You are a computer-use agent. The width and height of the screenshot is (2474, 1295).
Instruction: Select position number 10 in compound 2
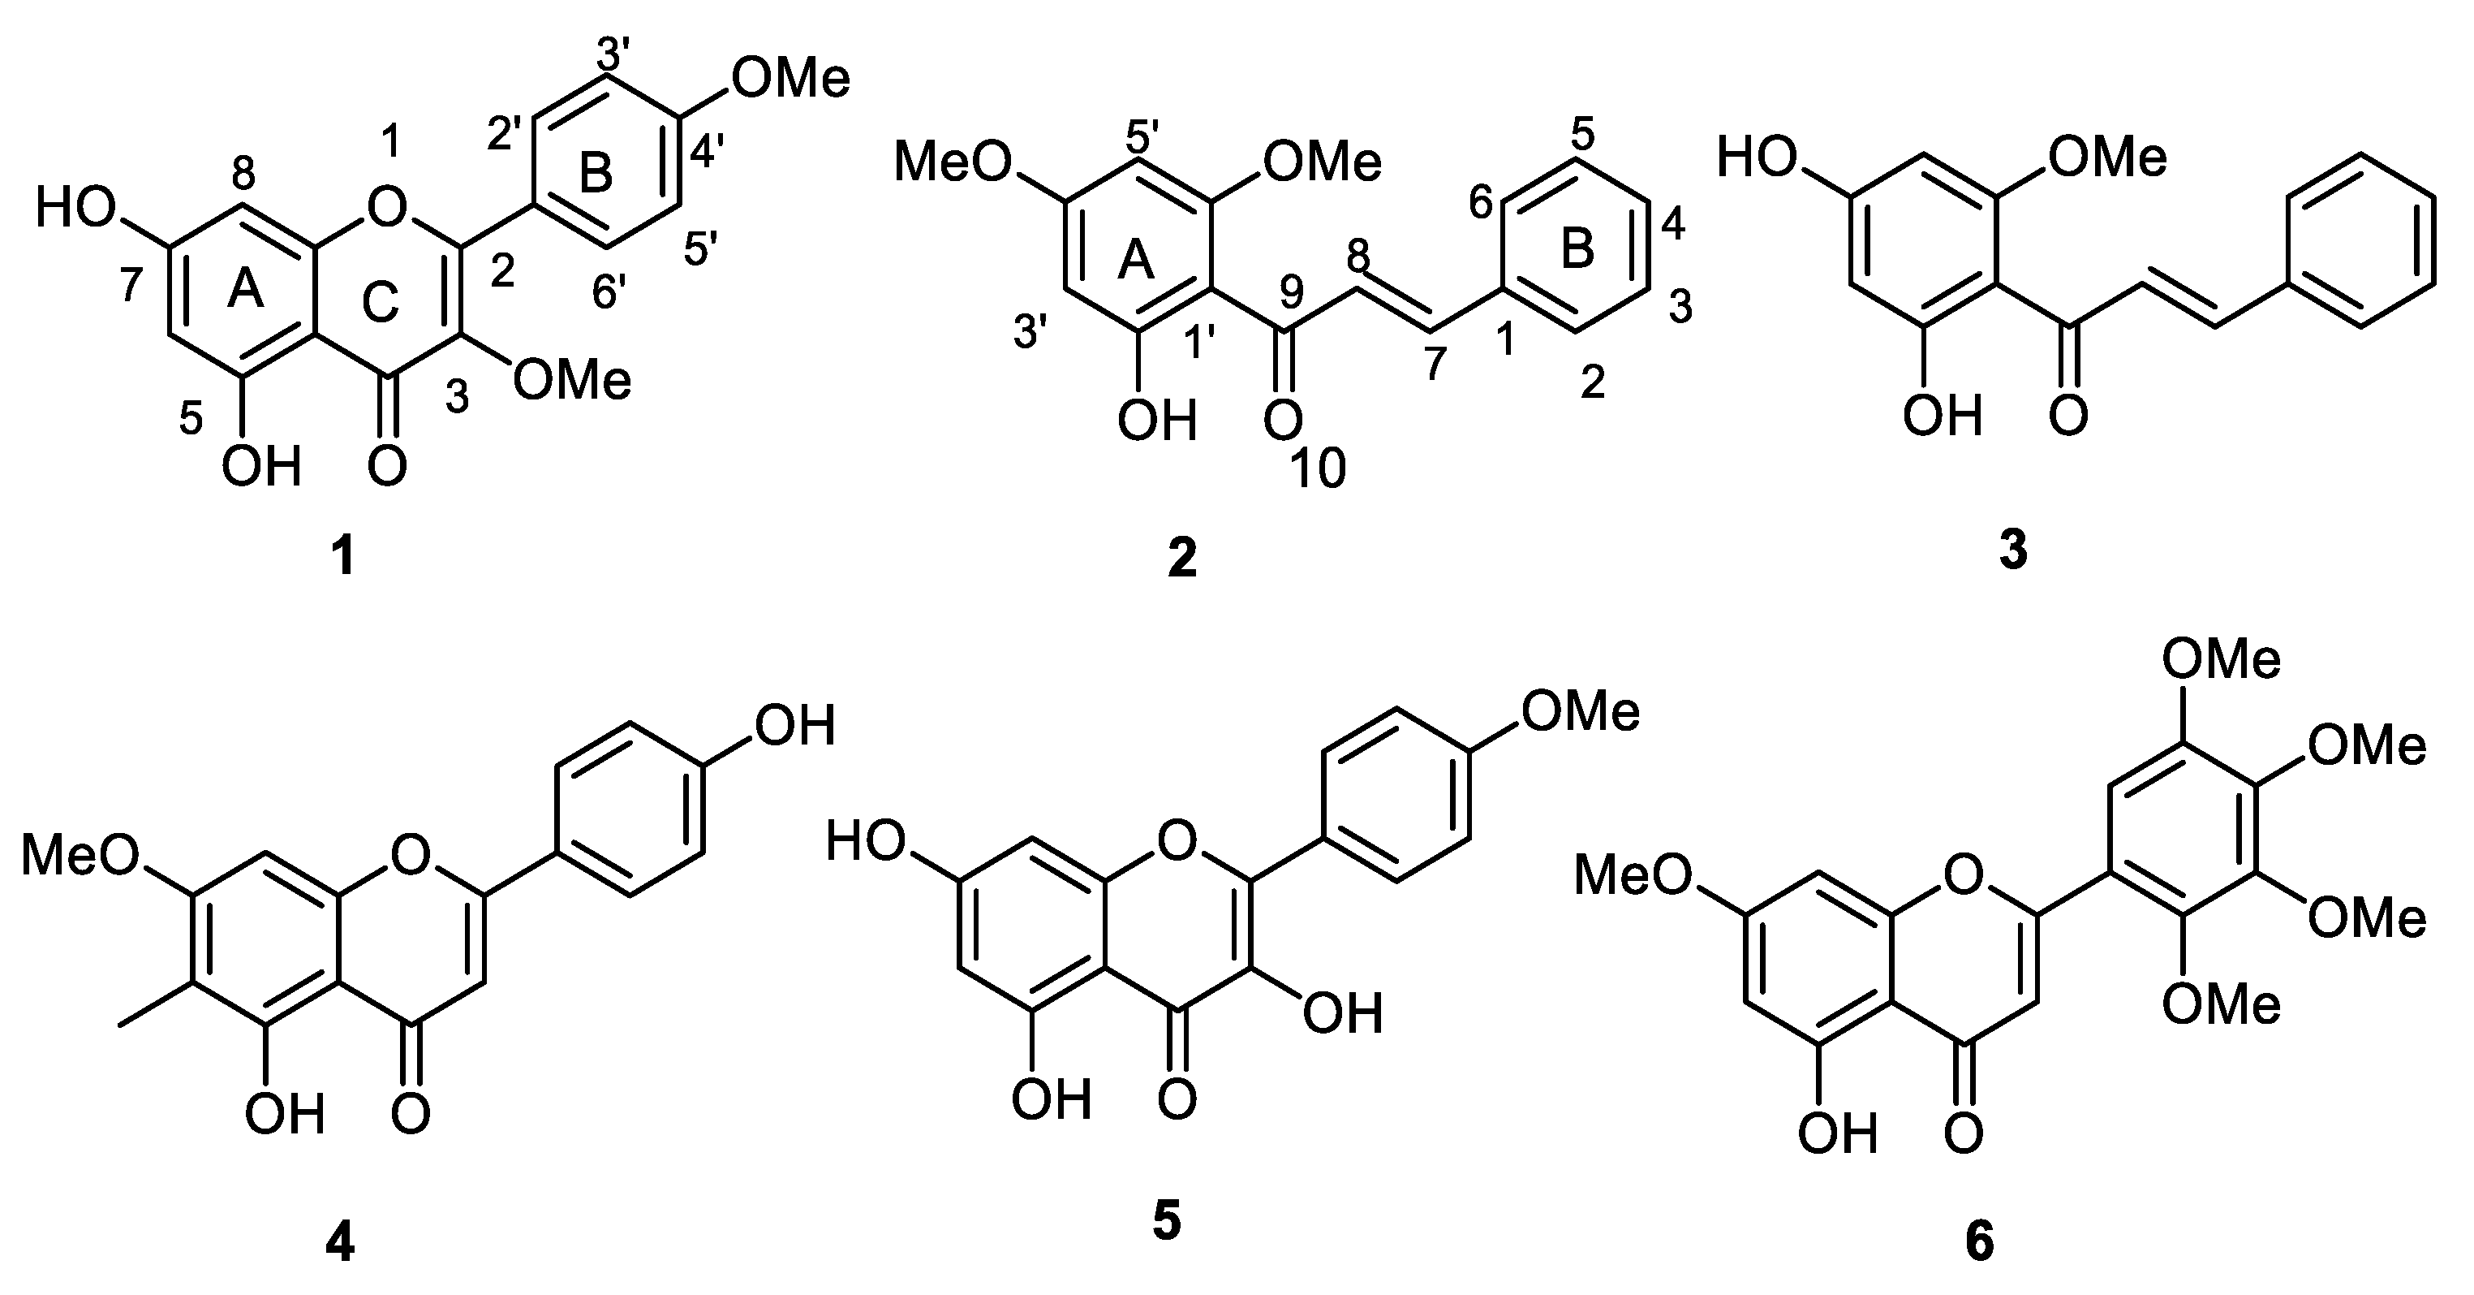coord(1319,471)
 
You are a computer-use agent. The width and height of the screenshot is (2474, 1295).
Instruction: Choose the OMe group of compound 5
coord(1581,712)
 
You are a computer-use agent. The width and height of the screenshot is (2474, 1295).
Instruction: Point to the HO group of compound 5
coord(867,843)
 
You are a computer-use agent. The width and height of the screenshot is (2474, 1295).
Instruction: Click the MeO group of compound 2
coord(953,162)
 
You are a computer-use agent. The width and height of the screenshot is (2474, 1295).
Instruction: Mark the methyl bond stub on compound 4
coord(156,1004)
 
